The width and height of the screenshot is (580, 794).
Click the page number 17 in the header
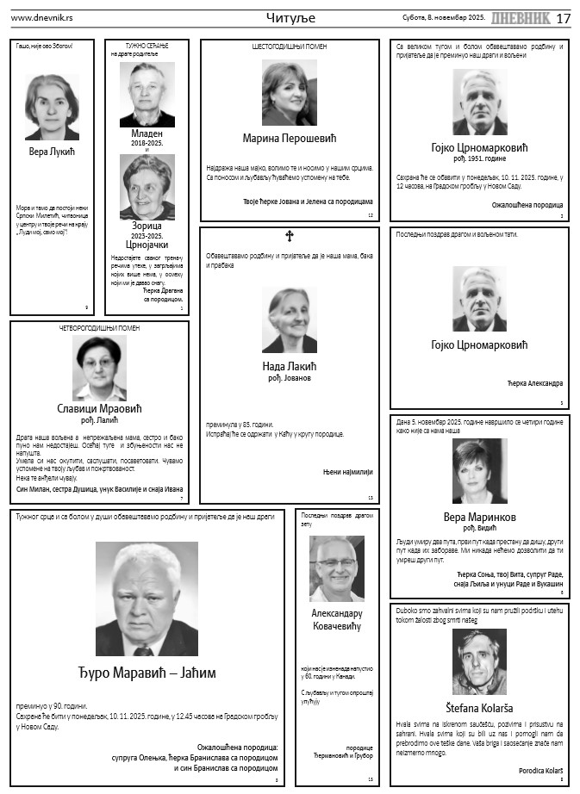[563, 19]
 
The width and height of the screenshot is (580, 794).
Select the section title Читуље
[290, 18]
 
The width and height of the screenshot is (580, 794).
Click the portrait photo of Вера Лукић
[52, 107]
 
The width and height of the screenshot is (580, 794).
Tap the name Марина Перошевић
[289, 138]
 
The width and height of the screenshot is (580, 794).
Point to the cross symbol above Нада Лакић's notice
[289, 235]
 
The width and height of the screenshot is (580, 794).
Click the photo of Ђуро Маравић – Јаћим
[147, 599]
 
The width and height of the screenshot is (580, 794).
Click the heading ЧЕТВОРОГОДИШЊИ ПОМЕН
[99, 328]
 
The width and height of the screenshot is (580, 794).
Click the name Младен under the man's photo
[147, 133]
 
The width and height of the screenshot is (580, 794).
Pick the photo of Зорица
[147, 188]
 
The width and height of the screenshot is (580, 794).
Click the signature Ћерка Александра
[534, 382]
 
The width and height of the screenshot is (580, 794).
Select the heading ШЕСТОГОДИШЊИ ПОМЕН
[289, 47]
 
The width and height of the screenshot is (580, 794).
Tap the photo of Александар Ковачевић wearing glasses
[336, 568]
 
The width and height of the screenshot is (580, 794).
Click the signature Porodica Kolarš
[540, 769]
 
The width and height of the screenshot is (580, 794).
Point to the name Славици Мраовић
[99, 406]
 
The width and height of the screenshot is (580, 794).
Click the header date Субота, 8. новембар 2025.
[444, 18]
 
